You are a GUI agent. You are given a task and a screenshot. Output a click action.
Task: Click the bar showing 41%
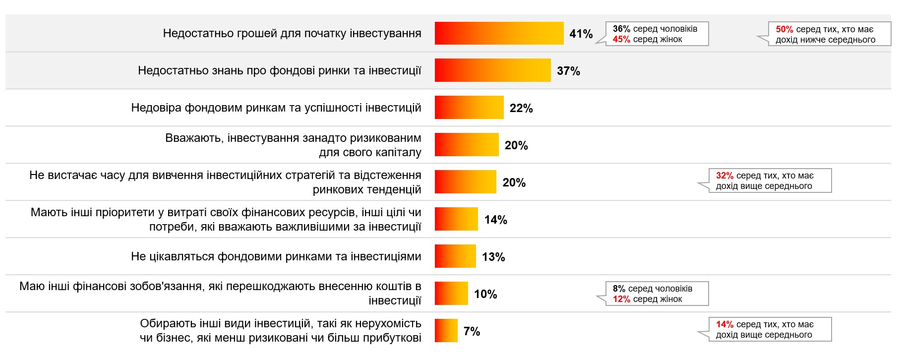pos(499,33)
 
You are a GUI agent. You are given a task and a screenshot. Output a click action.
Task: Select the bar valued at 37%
pos(492,70)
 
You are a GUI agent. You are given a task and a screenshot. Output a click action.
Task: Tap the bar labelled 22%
pos(469,108)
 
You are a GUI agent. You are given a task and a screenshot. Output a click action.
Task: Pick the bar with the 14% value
pos(456,219)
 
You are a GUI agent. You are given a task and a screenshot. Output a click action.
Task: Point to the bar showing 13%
pos(455,256)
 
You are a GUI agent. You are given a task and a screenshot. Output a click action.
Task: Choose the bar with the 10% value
pos(451,294)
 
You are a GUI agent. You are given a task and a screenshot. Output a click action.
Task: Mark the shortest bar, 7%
pos(446,331)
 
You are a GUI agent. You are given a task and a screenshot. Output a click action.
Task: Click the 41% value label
pos(581,34)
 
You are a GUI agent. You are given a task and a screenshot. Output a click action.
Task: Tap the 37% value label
pos(568,71)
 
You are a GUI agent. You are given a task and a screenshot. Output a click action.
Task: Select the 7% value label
pos(472,331)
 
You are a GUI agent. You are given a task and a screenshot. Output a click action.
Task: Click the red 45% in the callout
pos(621,39)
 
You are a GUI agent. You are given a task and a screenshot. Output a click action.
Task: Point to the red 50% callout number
pos(784,29)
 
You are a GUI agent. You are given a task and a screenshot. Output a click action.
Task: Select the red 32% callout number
pos(724,176)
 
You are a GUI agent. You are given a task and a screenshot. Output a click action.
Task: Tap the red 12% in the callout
pos(621,299)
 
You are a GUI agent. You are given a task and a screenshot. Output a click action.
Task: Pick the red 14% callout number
pos(724,324)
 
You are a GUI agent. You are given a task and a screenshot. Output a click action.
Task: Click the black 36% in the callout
pos(621,29)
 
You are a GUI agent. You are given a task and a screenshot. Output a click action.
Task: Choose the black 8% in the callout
pos(619,289)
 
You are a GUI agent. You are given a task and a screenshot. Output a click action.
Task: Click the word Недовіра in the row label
pos(156,108)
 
